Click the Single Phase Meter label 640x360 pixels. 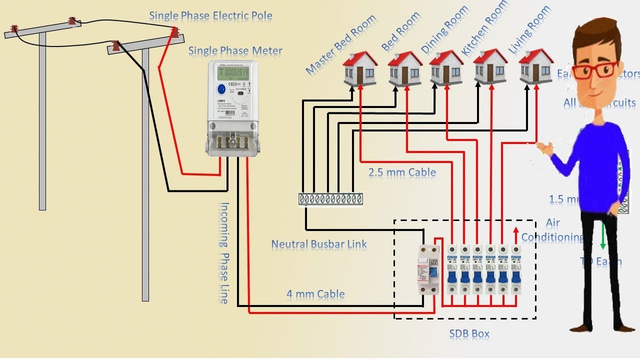click(235, 50)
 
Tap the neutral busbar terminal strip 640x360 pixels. click(330, 199)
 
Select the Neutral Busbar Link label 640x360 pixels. click(319, 244)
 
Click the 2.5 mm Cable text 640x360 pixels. click(402, 172)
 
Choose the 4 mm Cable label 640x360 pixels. click(315, 294)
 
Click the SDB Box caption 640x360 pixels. click(469, 333)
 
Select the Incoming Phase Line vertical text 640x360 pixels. click(223, 252)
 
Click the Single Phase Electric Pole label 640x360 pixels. click(210, 15)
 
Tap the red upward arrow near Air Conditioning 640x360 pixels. click(516, 234)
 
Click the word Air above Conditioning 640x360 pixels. click(552, 223)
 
